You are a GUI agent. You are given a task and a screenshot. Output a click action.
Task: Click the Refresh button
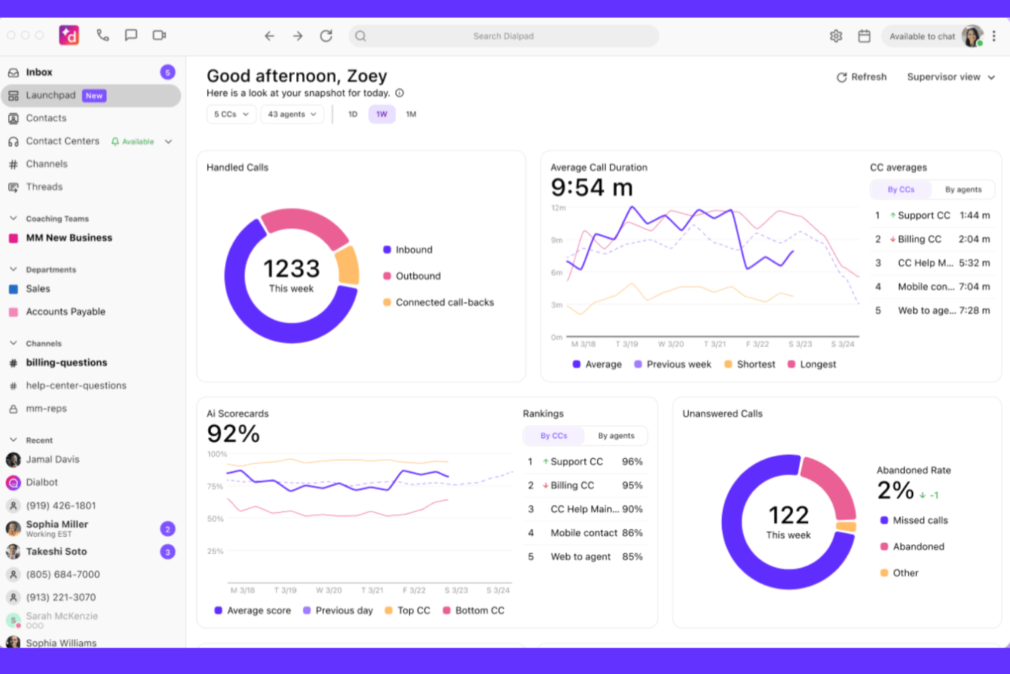[x=861, y=77]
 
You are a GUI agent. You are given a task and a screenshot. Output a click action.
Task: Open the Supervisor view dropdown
[x=950, y=77]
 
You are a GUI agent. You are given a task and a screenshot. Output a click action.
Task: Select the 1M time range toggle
[x=411, y=114]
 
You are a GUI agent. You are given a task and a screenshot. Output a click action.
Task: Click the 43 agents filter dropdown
[x=291, y=114]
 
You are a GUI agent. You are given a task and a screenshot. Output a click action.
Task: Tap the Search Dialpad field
[x=503, y=36]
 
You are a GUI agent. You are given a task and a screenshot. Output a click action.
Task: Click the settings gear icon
[x=836, y=36]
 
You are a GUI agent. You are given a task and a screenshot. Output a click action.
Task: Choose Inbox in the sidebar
[x=39, y=72]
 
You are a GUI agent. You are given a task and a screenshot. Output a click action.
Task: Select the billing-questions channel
[x=66, y=363]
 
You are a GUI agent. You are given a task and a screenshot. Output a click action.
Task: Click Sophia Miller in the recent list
[x=57, y=524]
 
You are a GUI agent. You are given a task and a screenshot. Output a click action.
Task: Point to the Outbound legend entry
[x=418, y=276]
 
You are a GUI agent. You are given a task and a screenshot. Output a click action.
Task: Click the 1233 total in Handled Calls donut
[x=291, y=268]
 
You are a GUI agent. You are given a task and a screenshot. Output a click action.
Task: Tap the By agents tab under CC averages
[x=963, y=190]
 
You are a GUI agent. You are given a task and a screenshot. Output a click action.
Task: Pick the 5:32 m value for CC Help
[x=974, y=263]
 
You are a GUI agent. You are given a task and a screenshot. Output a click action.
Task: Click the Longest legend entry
[x=817, y=365]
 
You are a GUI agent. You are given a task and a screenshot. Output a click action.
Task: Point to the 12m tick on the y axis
[x=558, y=208]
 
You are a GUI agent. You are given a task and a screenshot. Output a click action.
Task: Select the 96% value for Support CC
[x=632, y=462]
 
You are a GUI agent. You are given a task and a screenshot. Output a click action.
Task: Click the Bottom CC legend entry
[x=479, y=610]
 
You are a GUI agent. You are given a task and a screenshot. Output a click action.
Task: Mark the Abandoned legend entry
[x=918, y=546]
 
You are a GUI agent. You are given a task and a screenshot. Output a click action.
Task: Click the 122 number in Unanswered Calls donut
[x=788, y=515]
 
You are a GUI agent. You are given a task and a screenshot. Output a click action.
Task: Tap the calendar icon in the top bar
[x=864, y=36]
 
